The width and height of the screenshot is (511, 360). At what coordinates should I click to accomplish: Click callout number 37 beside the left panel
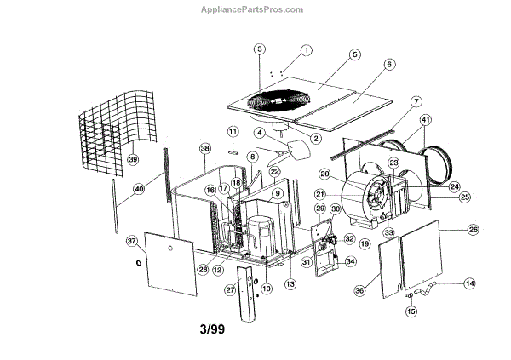(x=132, y=241)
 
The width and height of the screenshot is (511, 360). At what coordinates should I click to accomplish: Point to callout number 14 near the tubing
(x=469, y=283)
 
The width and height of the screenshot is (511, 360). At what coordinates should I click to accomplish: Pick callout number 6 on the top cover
(x=389, y=64)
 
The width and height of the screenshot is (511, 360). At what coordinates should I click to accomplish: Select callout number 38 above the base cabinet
(x=204, y=149)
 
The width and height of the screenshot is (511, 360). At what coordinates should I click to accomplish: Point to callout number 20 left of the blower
(x=324, y=174)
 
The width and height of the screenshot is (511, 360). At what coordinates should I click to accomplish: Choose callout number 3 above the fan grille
(x=260, y=49)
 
